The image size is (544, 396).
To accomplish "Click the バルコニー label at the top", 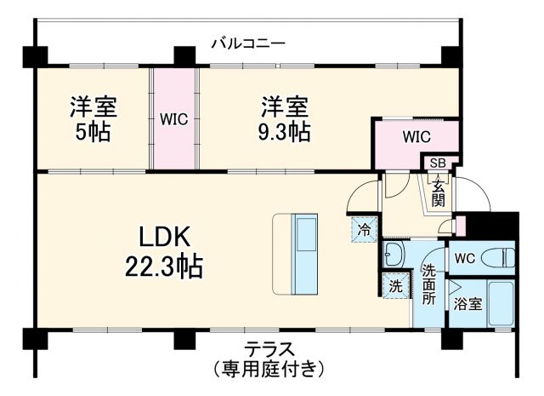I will point(247,42).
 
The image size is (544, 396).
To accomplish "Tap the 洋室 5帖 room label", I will point(93,120).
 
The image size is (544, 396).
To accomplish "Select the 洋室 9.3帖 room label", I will point(284,120).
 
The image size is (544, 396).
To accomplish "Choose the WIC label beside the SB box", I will point(416,137).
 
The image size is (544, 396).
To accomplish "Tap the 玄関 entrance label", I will point(438,192).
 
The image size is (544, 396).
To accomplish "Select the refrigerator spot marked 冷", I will point(364,228).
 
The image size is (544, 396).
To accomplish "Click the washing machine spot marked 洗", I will point(394,287).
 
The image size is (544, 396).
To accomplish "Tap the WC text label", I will point(463,258).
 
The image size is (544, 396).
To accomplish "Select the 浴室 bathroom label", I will point(467,303).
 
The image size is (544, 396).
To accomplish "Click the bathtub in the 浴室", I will point(501,304).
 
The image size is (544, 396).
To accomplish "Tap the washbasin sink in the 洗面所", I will point(394,253).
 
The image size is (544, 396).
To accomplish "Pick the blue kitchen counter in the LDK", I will point(304,253).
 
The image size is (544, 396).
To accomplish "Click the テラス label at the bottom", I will point(269,348).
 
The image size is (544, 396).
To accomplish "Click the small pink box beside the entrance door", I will point(460,226).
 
